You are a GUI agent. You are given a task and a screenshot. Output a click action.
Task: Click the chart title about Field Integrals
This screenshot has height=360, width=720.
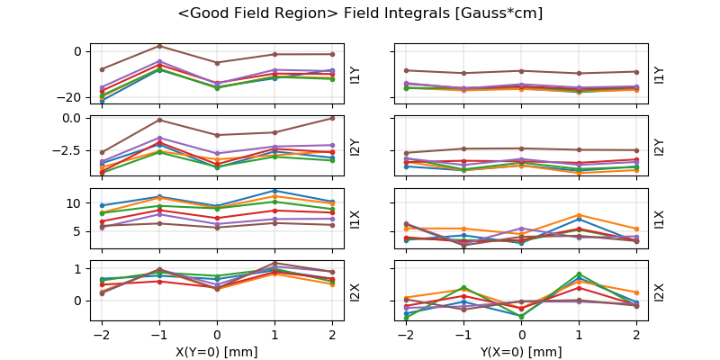[360, 14]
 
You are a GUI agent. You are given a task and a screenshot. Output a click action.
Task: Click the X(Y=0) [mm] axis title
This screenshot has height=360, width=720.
[217, 352]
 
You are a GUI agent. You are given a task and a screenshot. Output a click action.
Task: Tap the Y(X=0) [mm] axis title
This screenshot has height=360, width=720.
[522, 352]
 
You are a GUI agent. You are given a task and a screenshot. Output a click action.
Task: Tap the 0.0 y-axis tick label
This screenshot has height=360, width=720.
[70, 118]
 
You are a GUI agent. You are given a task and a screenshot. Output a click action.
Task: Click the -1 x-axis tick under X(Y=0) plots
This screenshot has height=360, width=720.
[158, 334]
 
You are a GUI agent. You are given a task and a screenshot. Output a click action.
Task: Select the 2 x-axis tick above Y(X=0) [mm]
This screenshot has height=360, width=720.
[637, 334]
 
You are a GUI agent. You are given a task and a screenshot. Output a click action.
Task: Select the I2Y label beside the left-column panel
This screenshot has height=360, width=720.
[354, 146]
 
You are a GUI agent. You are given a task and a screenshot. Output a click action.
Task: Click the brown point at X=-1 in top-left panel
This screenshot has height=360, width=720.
[159, 46]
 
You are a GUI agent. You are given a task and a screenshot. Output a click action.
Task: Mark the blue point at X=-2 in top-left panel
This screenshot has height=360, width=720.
[102, 101]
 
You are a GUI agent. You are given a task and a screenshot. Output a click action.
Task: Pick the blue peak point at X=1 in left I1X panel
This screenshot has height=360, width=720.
[274, 191]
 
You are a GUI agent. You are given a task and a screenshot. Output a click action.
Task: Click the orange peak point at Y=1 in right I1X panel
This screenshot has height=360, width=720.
[579, 215]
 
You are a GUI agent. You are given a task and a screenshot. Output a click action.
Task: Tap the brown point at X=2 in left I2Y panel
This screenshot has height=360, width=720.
[332, 118]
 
